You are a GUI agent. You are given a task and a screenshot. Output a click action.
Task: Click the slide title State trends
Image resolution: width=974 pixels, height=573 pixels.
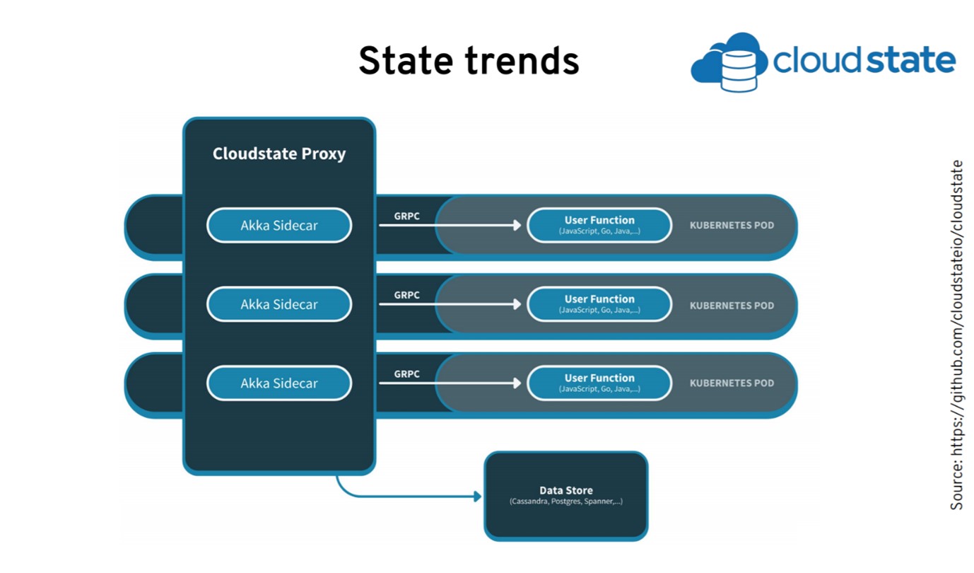tap(469, 61)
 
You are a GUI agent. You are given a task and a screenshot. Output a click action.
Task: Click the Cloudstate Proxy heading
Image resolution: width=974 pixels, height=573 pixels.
tap(279, 154)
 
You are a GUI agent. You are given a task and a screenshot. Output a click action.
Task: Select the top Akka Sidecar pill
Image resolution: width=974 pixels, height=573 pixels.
tap(279, 226)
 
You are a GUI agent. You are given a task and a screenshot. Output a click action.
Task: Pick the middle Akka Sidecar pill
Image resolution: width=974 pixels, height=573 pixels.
tap(279, 305)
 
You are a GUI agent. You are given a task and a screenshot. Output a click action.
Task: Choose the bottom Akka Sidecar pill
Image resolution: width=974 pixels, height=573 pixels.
tap(279, 383)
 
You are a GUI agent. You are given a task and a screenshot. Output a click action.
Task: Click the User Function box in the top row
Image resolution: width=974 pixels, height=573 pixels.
tap(599, 225)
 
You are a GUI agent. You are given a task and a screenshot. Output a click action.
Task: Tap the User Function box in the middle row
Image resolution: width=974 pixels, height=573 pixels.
tap(599, 304)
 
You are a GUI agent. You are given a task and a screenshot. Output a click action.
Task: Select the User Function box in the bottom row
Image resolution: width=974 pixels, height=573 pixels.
tap(599, 383)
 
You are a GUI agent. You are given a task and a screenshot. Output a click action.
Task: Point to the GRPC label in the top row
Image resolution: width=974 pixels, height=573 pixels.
tap(406, 216)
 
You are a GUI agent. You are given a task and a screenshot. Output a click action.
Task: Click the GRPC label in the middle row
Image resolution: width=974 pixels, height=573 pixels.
tap(406, 295)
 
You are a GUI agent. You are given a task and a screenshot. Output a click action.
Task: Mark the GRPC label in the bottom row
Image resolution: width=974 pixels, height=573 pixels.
tap(406, 374)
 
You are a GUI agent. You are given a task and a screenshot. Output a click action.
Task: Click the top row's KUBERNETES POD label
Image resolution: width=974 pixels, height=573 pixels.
tap(732, 226)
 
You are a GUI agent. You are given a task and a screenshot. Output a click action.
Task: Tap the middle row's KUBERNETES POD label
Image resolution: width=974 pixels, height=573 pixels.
tap(732, 306)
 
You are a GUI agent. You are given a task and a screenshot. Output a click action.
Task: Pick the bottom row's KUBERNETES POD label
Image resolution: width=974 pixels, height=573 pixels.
tap(732, 383)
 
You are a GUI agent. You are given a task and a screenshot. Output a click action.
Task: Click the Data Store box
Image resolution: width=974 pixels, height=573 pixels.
tap(565, 496)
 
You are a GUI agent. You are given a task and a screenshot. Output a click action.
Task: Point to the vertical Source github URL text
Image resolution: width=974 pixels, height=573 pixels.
tap(956, 335)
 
